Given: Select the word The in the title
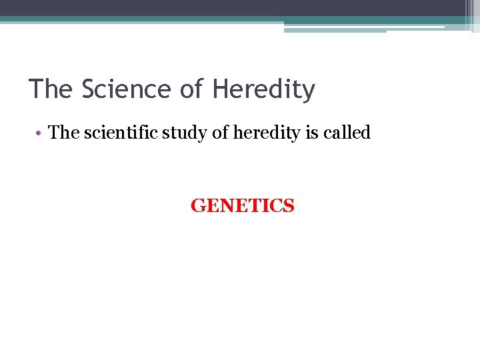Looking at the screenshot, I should pos(52,89).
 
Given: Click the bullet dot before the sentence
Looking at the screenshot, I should pos(39,133).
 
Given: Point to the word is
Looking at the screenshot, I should pos(299,133).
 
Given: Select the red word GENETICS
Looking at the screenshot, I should pos(242,206).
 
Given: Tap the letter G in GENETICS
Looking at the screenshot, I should pos(197,206).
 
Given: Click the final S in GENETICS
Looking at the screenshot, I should pos(288,206).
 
